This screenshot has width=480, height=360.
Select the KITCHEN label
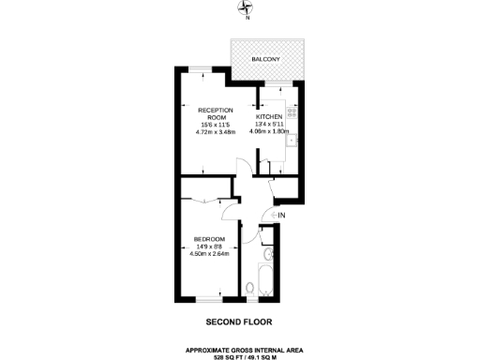[269, 116]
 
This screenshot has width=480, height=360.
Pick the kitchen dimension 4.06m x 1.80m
[269, 131]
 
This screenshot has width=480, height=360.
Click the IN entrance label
[282, 215]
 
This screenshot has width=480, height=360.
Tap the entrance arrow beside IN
[273, 215]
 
